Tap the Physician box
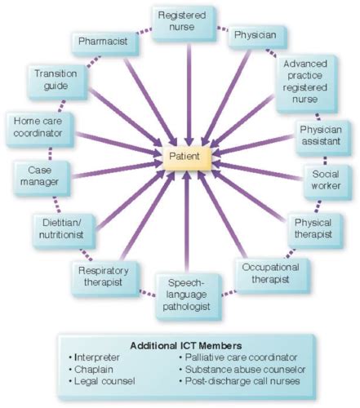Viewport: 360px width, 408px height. pos(255,37)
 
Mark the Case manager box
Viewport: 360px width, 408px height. pos(36,176)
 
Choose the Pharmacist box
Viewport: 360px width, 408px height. pos(101,40)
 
